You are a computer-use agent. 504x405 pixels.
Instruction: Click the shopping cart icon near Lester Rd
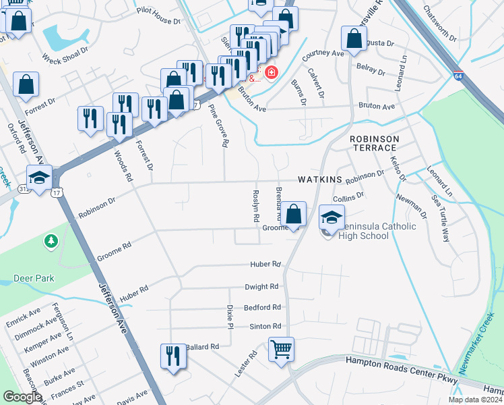tap(281, 349)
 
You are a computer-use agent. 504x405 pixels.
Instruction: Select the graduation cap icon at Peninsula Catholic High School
tap(332, 217)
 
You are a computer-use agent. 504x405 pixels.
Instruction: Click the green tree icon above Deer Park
tap(51, 241)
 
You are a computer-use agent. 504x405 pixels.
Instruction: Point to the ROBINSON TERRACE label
tap(375, 143)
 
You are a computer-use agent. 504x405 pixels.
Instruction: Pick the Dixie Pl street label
tap(230, 317)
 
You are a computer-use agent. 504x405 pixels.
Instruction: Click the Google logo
tap(22, 397)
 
